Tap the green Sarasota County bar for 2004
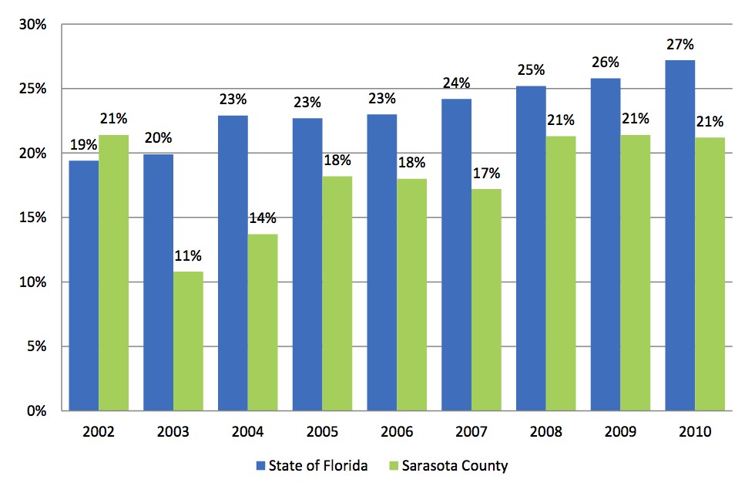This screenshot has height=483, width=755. click(263, 323)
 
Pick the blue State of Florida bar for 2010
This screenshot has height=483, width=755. click(679, 235)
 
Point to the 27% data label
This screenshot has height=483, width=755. click(680, 45)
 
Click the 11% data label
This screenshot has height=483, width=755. click(188, 255)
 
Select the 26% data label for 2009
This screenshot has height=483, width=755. click(606, 62)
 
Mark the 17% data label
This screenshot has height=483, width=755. click(487, 173)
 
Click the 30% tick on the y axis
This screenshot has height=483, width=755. click(35, 25)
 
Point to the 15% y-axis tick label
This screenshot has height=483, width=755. click(35, 218)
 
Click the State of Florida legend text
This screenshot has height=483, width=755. click(318, 465)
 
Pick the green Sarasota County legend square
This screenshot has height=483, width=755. click(392, 465)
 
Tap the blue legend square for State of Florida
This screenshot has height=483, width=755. click(260, 465)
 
